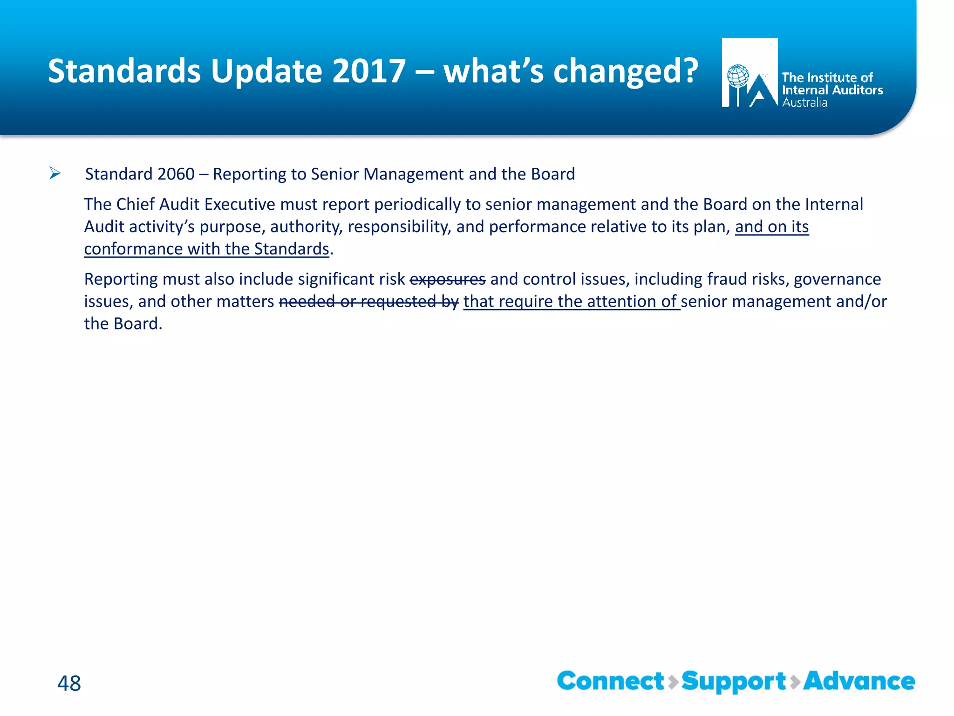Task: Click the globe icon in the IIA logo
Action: pos(738,76)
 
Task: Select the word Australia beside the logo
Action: pos(804,103)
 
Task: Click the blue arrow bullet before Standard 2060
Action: pos(55,174)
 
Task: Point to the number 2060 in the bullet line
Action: pos(176,174)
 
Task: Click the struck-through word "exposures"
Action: pos(447,279)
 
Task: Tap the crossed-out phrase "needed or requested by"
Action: pos(368,302)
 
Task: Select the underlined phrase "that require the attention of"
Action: pos(572,302)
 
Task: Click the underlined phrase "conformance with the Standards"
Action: pos(206,249)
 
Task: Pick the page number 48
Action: pos(69,683)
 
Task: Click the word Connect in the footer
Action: pos(610,682)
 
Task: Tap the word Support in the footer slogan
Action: pos(734,682)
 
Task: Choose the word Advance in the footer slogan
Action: pos(859,682)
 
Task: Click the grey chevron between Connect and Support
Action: pos(673,682)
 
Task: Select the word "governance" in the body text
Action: pos(837,279)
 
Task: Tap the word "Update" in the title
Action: pos(266,71)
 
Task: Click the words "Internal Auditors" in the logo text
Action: pos(832,90)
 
